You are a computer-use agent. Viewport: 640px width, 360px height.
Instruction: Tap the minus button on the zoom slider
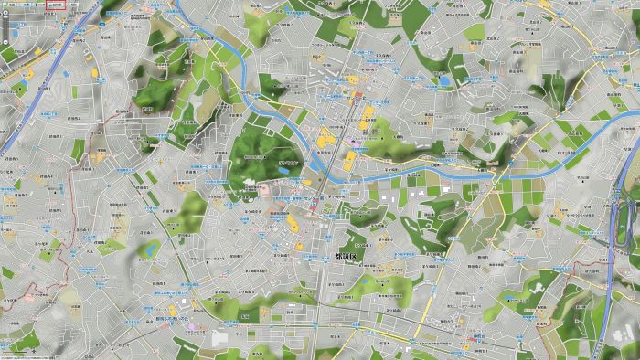coord(4,39)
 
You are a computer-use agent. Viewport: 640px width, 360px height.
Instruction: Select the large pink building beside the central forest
coord(265,189)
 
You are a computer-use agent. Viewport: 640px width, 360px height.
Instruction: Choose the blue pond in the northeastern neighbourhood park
coord(444,81)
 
